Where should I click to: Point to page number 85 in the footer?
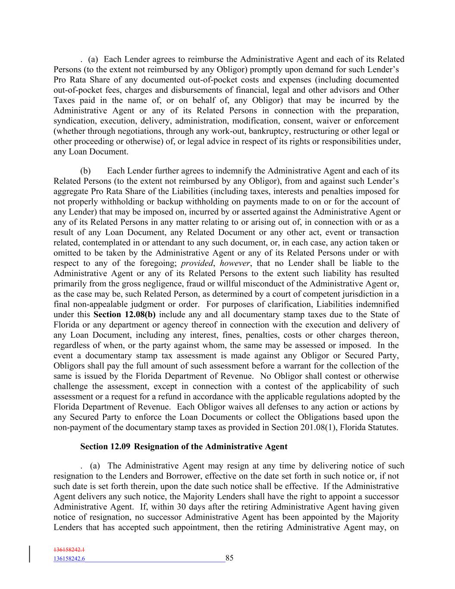(229, 558)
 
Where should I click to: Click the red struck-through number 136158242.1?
(69, 550)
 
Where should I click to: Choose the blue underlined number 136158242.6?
(69, 559)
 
